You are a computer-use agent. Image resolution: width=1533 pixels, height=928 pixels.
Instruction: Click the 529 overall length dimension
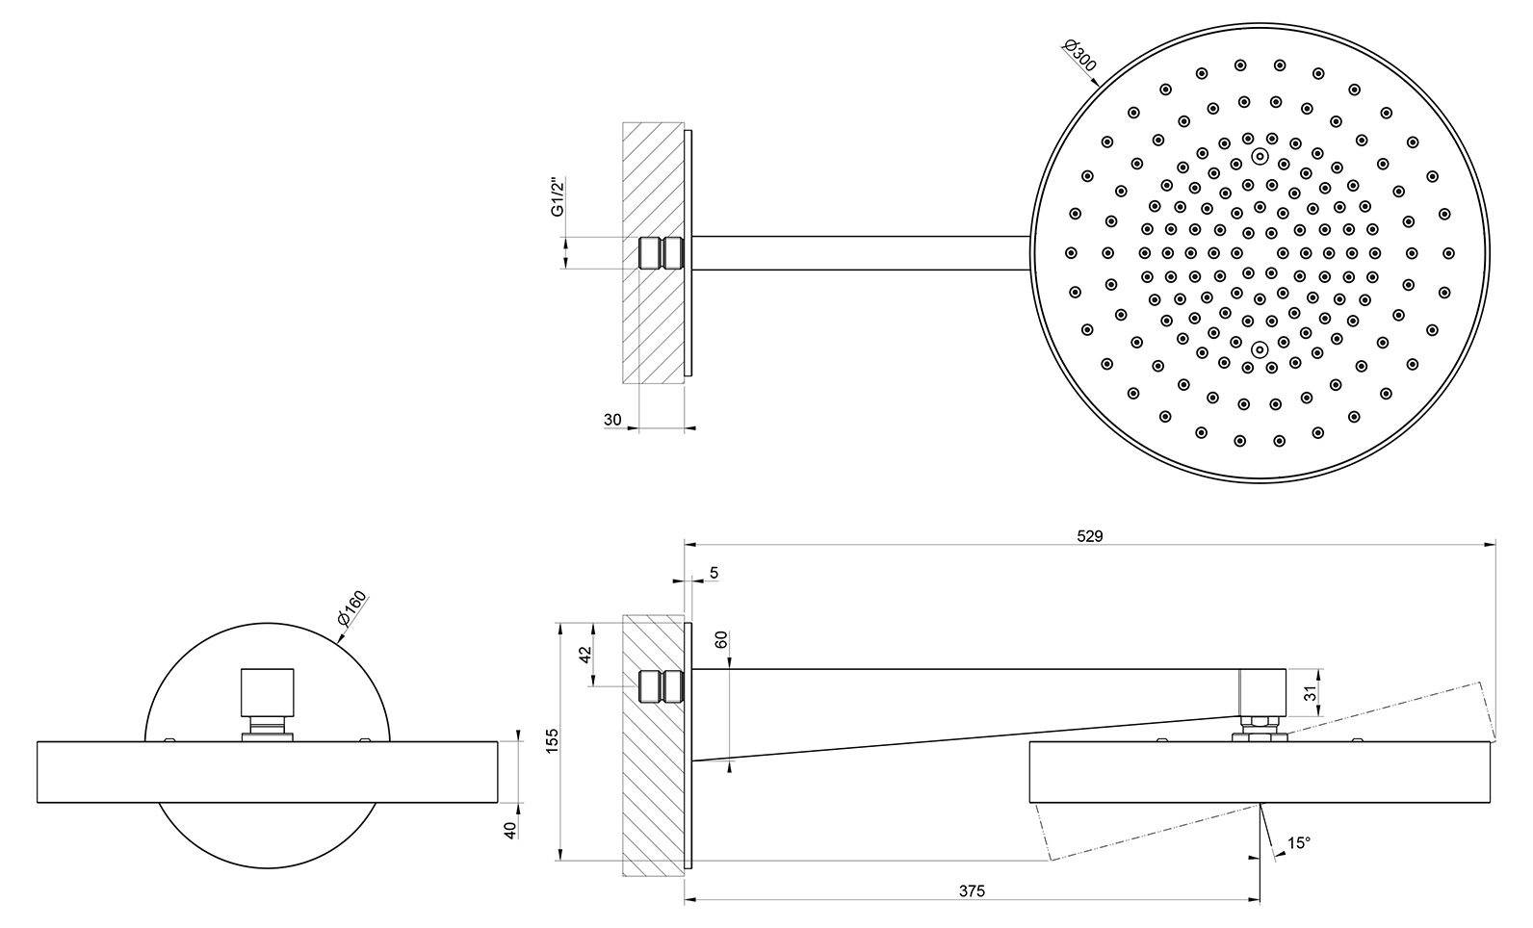click(x=1089, y=536)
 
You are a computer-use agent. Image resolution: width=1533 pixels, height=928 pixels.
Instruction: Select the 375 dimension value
click(x=972, y=891)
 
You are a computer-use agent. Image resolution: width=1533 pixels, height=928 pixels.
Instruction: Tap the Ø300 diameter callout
click(x=1079, y=56)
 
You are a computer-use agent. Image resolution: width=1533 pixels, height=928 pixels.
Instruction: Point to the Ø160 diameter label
click(x=352, y=607)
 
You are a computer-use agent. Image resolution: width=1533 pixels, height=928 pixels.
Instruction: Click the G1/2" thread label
click(x=559, y=197)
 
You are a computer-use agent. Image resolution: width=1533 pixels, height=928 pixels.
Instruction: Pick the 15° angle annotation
click(x=1298, y=843)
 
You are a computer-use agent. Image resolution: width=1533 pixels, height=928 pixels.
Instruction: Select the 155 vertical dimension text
click(x=553, y=741)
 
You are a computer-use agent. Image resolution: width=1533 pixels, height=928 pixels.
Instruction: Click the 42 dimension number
click(x=585, y=655)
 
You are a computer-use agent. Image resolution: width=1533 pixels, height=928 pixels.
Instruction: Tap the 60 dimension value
click(x=720, y=640)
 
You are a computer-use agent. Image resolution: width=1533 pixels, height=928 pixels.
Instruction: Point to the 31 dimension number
click(x=1310, y=693)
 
